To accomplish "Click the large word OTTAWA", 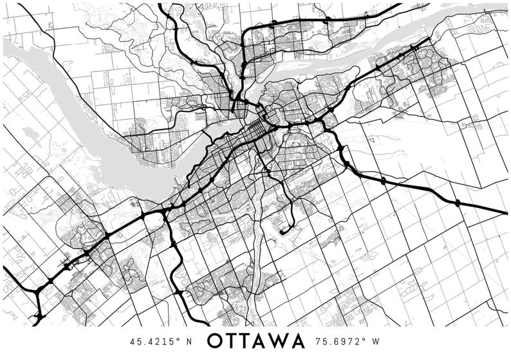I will coord(256,341).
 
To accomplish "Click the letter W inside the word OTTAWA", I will coord(281,341).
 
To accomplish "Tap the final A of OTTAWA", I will coord(298,341).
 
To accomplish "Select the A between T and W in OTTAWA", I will coord(264,341).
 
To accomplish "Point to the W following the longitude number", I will coord(376,341).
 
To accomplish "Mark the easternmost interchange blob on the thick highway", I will coord(458,203).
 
